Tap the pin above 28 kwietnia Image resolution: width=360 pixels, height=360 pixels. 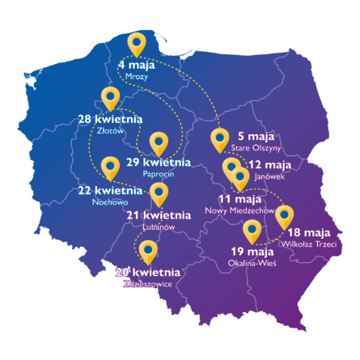pyautogui.click(x=111, y=99)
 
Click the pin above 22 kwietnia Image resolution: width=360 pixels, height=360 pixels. pyautogui.click(x=111, y=167)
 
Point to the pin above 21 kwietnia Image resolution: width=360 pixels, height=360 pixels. pyautogui.click(x=159, y=193)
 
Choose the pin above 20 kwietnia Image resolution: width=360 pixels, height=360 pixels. pyautogui.click(x=148, y=251)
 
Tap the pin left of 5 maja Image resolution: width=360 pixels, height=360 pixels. pyautogui.click(x=219, y=139)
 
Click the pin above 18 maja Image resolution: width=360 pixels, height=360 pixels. pyautogui.click(x=283, y=216)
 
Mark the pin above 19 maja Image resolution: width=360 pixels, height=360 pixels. pyautogui.click(x=252, y=231)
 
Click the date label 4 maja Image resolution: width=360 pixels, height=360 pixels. pyautogui.click(x=137, y=63)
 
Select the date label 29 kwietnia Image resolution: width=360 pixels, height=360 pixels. pyautogui.click(x=159, y=163)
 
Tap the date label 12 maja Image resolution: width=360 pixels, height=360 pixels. pyautogui.click(x=270, y=164)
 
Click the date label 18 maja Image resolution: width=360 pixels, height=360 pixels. pyautogui.click(x=305, y=231)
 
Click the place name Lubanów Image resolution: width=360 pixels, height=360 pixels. pyautogui.click(x=158, y=227)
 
